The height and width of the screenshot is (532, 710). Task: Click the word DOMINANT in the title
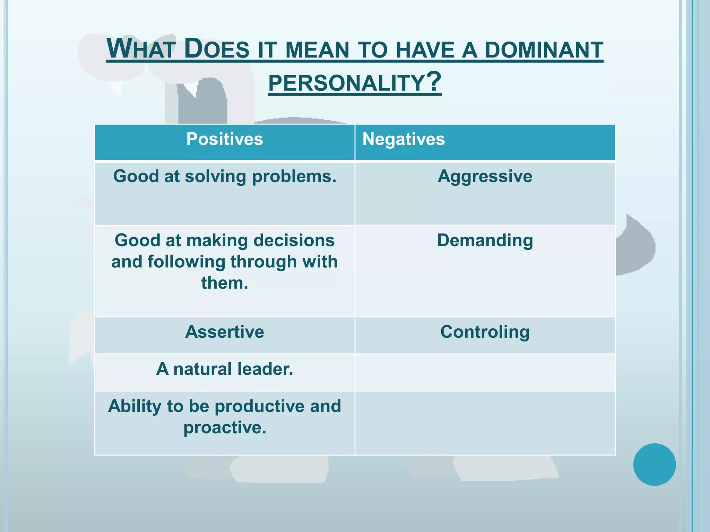[544, 50]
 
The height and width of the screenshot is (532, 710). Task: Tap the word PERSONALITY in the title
[347, 83]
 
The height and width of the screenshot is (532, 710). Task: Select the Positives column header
[225, 139]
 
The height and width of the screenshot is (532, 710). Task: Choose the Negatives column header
[404, 139]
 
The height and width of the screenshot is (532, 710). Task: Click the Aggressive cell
[485, 176]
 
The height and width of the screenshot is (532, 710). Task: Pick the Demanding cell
[485, 240]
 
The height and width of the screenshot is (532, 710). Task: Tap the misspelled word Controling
[485, 332]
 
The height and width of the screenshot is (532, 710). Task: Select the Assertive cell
[225, 332]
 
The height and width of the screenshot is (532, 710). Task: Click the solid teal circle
[654, 464]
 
